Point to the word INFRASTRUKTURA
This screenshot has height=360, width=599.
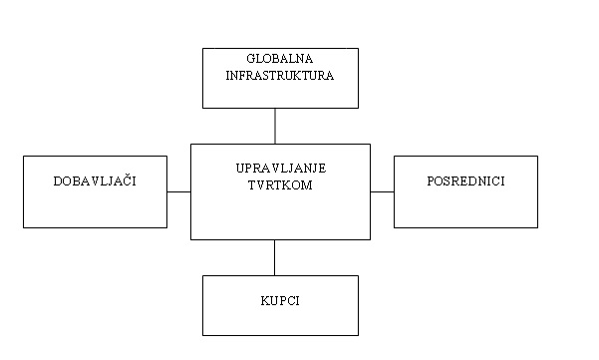[279, 74]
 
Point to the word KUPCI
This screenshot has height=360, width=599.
[280, 299]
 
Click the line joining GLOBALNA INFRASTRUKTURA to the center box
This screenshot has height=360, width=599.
[275, 126]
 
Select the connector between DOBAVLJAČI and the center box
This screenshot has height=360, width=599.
[178, 191]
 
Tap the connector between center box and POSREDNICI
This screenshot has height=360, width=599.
[382, 191]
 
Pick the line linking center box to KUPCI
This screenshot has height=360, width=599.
[275, 257]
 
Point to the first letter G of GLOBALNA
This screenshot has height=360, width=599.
[251, 59]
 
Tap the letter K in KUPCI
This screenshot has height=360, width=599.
[264, 299]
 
